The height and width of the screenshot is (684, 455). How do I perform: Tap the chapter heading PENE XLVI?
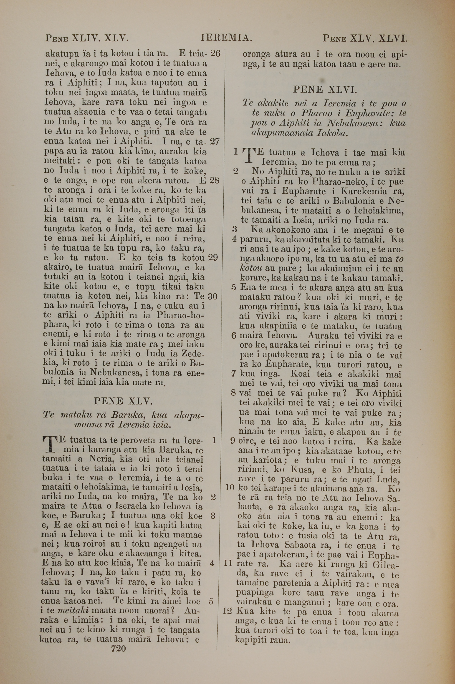[325, 90]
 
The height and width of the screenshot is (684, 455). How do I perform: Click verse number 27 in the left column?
[215, 141]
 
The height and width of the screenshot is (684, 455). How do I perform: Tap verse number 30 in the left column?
[213, 296]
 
